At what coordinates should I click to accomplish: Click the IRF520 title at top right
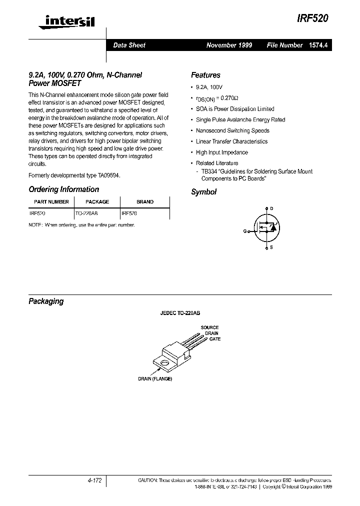pyautogui.click(x=314, y=16)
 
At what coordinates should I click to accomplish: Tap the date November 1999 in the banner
pyautogui.click(x=229, y=45)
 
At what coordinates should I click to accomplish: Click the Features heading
pyautogui.click(x=205, y=75)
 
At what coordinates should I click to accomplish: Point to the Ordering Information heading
pyautogui.click(x=63, y=189)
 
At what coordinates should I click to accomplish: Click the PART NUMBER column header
pyautogui.click(x=51, y=202)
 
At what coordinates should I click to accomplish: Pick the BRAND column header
pyautogui.click(x=145, y=202)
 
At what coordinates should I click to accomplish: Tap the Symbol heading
pyautogui.click(x=203, y=192)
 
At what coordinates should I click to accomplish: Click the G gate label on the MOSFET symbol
pyautogui.click(x=245, y=231)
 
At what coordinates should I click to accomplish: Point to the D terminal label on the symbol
pyautogui.click(x=271, y=208)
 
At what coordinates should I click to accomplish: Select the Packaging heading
pyautogui.click(x=46, y=301)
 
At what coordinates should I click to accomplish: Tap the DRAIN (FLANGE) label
pyautogui.click(x=155, y=379)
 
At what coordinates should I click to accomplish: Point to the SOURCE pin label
pyautogui.click(x=209, y=327)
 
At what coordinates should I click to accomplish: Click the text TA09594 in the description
pyautogui.click(x=108, y=175)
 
